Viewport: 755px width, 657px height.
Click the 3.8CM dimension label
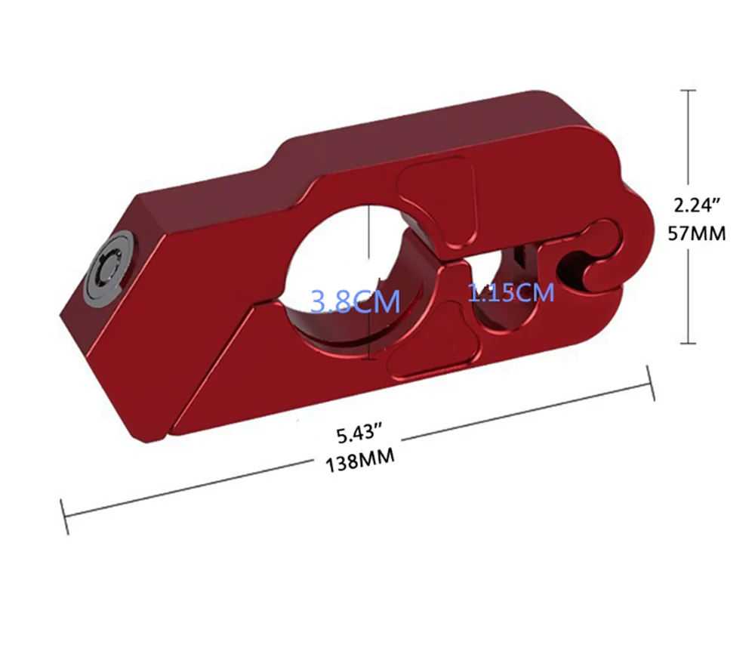pos(355,302)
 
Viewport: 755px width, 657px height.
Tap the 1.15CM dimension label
pos(511,292)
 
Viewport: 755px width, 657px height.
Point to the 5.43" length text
pos(360,434)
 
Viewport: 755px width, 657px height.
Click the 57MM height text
pos(698,233)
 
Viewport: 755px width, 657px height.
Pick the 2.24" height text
pos(697,204)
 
